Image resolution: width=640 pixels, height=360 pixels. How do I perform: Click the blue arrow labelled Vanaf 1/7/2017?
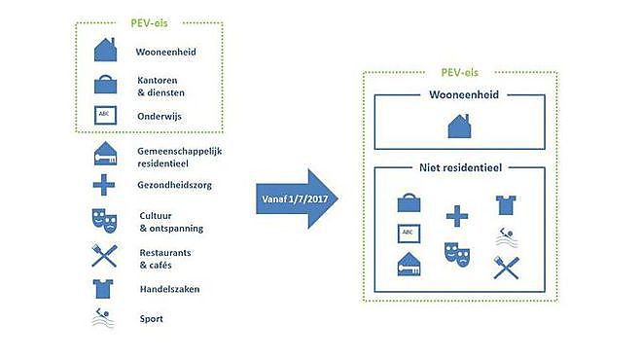point(297,198)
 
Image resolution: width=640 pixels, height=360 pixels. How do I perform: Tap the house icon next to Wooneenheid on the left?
point(105,50)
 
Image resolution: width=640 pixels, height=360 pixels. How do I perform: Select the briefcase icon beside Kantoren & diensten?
point(105,85)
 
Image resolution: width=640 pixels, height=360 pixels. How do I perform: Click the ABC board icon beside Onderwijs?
point(105,115)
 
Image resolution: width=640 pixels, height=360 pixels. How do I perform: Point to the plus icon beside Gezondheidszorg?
point(104,185)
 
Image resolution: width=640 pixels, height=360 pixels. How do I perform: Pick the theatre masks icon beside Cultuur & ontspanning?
point(104,221)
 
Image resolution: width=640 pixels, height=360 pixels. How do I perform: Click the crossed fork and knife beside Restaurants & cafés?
point(104,256)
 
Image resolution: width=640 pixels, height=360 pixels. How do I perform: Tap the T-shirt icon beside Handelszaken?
point(103,289)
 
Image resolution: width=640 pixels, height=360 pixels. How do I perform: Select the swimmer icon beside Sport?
point(103,318)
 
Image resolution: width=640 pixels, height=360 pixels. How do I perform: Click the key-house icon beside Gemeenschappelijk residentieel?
point(105,154)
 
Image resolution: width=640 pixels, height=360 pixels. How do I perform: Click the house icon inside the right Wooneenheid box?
point(459,126)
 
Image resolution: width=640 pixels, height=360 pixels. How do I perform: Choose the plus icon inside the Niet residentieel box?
point(457,216)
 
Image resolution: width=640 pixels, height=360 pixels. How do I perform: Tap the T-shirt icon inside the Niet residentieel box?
point(506,205)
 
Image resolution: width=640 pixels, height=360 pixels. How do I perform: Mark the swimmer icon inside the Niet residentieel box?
point(507,237)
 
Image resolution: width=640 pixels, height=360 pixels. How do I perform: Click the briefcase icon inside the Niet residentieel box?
point(409,202)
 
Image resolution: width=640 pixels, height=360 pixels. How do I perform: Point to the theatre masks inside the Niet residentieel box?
point(457,255)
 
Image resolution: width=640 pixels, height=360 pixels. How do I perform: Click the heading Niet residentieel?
point(460,167)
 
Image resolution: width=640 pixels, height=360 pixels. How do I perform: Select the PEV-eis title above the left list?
point(149,22)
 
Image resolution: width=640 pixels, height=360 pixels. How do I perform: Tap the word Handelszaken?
point(170,289)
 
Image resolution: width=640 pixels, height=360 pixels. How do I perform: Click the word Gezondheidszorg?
point(175,185)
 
